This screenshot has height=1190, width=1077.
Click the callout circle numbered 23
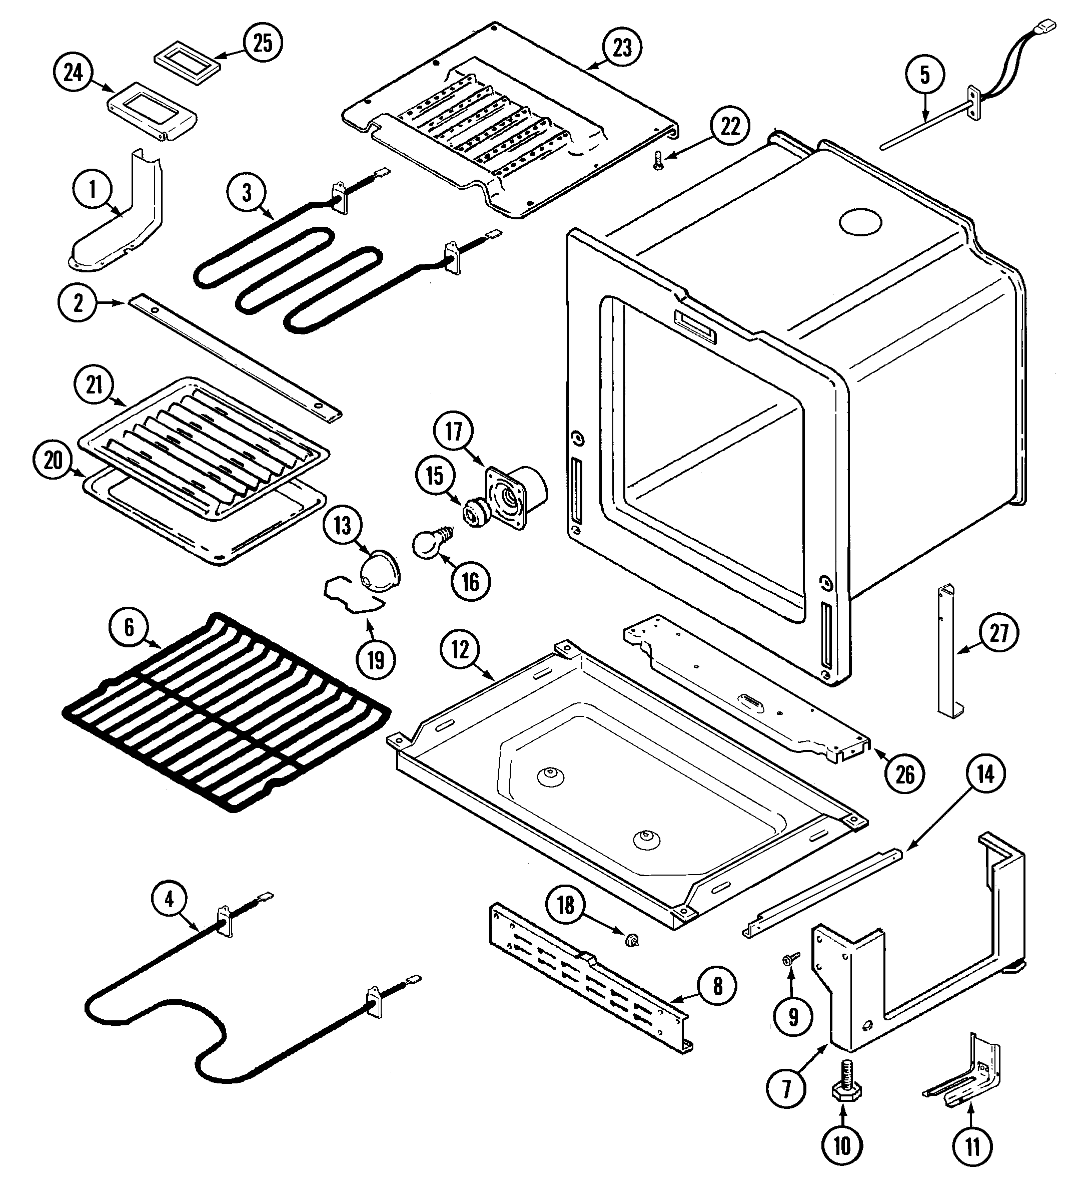point(622,47)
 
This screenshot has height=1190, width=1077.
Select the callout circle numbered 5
point(924,75)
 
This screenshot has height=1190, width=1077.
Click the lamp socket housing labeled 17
point(513,497)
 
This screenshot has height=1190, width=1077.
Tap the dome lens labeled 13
point(379,571)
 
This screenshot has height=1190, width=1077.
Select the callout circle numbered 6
point(129,627)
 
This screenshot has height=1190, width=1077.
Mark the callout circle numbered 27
point(998,633)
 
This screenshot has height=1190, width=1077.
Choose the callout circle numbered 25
point(263,43)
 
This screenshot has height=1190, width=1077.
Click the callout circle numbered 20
point(53,460)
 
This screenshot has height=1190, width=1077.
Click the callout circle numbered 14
point(986,774)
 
